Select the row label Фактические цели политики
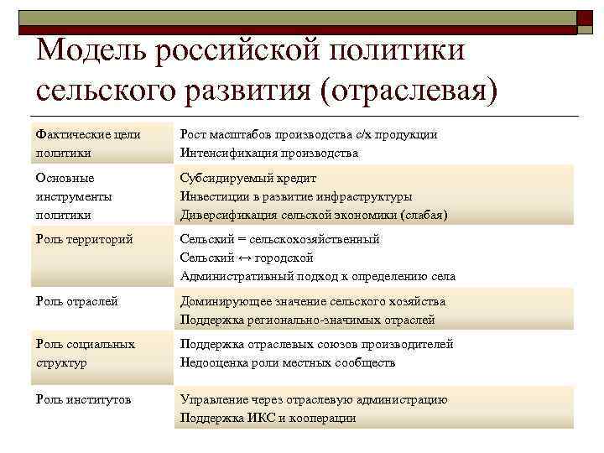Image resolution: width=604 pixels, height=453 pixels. click(88, 143)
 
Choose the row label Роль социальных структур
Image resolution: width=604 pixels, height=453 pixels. click(86, 353)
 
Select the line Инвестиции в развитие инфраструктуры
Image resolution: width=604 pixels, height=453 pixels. click(296, 196)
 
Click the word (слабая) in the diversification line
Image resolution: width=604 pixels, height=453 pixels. click(422, 215)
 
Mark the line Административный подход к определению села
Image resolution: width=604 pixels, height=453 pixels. click(318, 276)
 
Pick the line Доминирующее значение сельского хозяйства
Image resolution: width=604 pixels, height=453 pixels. click(313, 301)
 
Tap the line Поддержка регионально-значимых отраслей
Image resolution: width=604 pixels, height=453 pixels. click(308, 320)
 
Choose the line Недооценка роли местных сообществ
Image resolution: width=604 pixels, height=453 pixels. click(288, 362)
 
